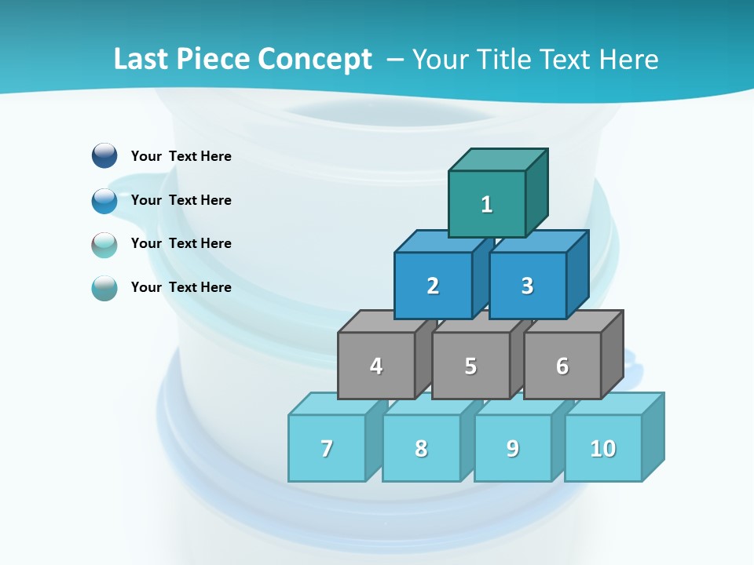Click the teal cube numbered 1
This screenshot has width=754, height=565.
[487, 204]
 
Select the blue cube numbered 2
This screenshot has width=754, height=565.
[433, 286]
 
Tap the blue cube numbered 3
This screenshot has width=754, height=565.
[527, 286]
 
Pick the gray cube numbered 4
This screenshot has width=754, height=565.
[376, 366]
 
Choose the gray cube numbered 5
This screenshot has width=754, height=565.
[470, 366]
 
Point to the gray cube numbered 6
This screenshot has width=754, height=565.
[562, 366]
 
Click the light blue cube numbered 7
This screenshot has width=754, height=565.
[327, 448]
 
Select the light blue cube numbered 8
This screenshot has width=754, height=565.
[421, 448]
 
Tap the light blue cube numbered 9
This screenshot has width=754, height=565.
[513, 448]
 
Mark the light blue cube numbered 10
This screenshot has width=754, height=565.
[603, 448]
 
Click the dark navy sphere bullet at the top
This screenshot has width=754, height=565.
[104, 155]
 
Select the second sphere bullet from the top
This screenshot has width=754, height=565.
[104, 200]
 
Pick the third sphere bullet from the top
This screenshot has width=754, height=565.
[104, 244]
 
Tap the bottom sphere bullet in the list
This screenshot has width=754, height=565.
[104, 288]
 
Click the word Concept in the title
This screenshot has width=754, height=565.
[314, 60]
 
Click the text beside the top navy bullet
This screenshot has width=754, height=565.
[181, 156]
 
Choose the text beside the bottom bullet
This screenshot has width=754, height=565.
[181, 287]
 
